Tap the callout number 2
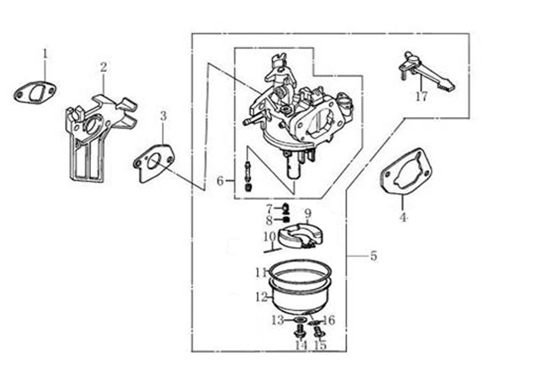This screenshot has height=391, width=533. coord(103,67)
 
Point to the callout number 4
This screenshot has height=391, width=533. coord(403,217)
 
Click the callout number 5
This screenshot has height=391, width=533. coord(374,256)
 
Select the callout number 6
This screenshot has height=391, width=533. coord(220,181)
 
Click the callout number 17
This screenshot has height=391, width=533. coord(421,96)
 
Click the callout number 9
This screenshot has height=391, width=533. coord(308,214)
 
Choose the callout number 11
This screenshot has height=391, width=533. coord(261,272)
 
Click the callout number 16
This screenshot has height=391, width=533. coord(329,321)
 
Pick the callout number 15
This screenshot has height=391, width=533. coord(320,345)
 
